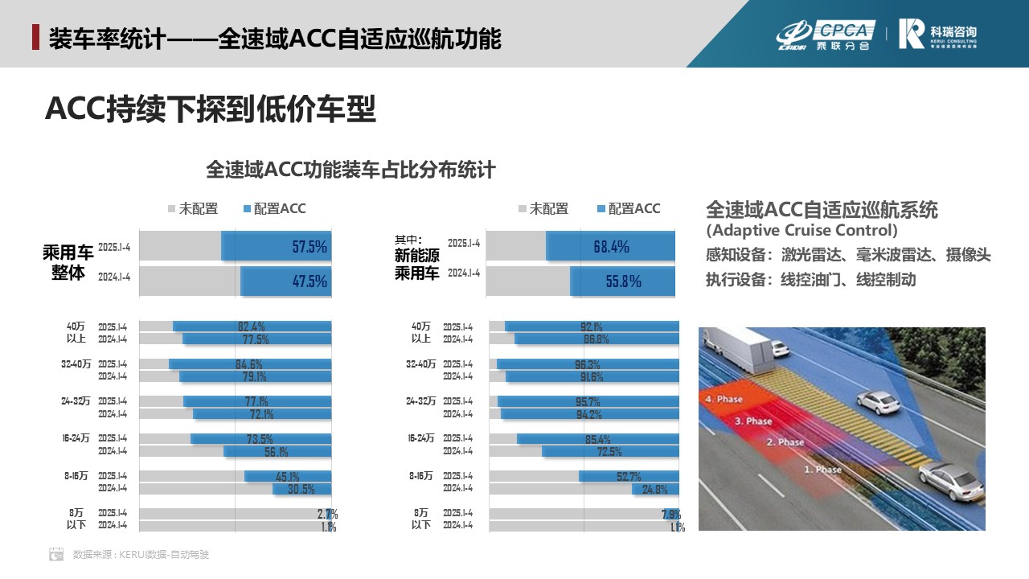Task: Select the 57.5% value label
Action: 310,247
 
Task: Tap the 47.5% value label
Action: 310,281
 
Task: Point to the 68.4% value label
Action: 612,247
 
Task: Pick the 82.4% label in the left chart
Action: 252,326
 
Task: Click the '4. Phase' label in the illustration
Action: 724,399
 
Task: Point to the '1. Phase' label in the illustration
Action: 822,469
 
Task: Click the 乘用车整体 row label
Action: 68,263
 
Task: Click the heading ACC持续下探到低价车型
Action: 211,110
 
